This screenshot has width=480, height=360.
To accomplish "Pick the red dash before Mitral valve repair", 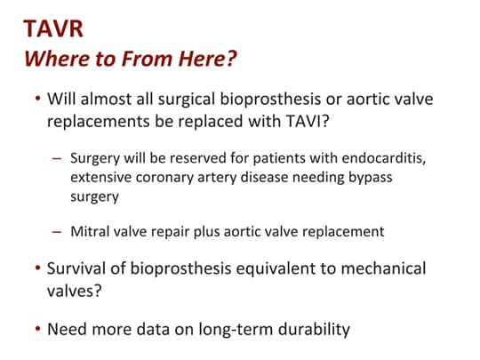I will pos(59,232).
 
